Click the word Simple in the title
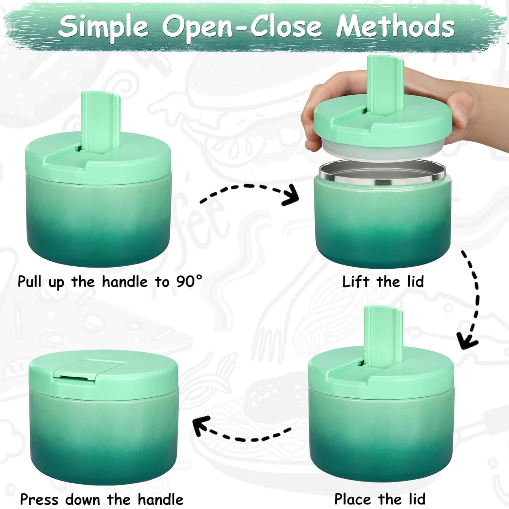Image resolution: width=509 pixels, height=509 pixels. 104,26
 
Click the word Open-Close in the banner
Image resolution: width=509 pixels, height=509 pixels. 242,26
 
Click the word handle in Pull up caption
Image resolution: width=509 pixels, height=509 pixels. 125,282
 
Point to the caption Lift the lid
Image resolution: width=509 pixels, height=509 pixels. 383,282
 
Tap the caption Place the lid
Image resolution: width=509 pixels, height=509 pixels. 380,499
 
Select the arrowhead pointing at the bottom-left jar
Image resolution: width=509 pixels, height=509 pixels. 201,424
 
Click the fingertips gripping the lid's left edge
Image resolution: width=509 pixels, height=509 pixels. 312,141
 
